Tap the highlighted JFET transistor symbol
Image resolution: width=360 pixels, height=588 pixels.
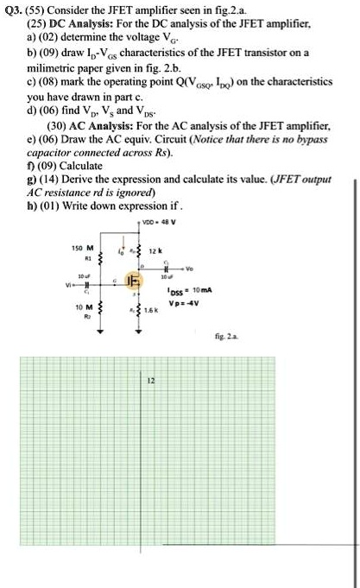pos(134,282)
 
